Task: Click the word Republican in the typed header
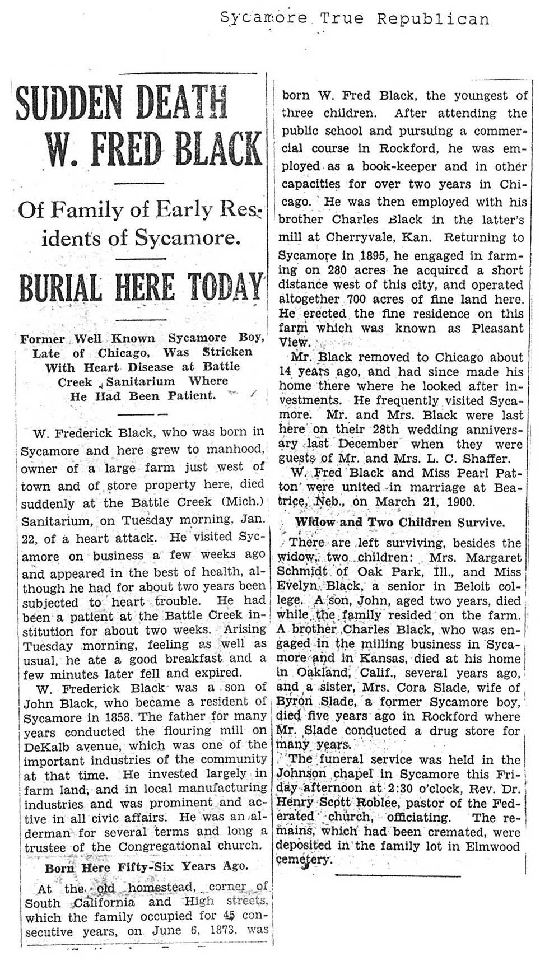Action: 432,20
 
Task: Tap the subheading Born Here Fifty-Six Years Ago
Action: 146,866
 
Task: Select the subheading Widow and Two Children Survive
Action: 400,523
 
